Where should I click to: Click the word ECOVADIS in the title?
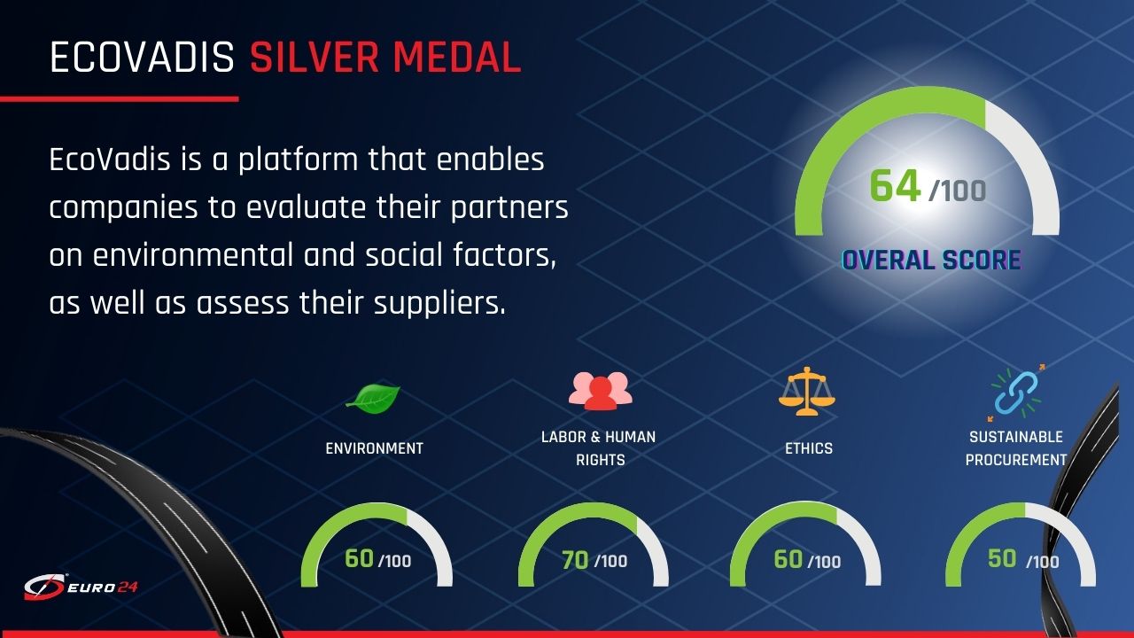click(x=143, y=58)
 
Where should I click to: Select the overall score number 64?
click(x=895, y=186)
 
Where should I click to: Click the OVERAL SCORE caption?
click(x=931, y=260)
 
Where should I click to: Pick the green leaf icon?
click(x=373, y=398)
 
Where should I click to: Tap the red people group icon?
click(x=601, y=390)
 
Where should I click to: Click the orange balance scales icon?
click(x=807, y=391)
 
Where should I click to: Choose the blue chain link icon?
click(x=1016, y=393)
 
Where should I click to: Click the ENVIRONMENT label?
click(x=374, y=448)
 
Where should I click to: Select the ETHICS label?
click(x=809, y=448)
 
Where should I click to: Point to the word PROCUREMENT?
click(x=1015, y=460)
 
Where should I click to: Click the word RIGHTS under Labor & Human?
click(x=601, y=460)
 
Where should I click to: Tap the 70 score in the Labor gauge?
click(x=575, y=560)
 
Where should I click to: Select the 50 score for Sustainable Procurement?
click(x=1002, y=558)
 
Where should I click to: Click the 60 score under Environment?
click(x=359, y=558)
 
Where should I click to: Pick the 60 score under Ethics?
click(x=788, y=559)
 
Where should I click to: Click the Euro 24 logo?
click(x=81, y=587)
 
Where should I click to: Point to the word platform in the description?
click(x=299, y=160)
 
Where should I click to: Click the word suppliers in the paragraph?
click(x=439, y=304)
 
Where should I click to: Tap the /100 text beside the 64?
click(x=958, y=191)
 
